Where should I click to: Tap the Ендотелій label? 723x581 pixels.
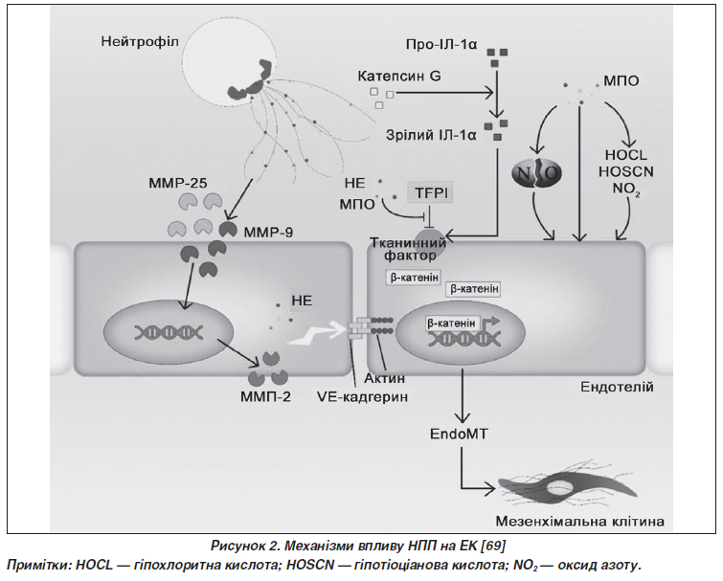[x=617, y=387]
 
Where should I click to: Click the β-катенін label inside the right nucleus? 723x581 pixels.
[x=451, y=324]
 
